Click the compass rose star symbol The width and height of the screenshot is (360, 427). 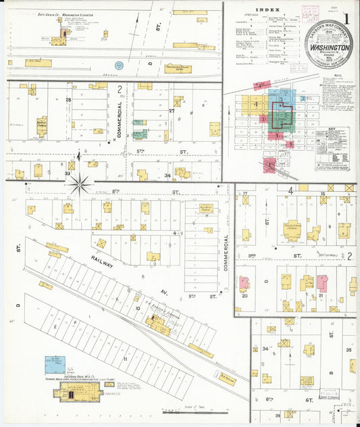tap(80, 181)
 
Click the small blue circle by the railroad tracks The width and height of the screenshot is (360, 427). tap(119, 66)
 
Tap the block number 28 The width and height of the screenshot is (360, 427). tap(68, 100)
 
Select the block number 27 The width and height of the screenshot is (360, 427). tap(172, 109)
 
